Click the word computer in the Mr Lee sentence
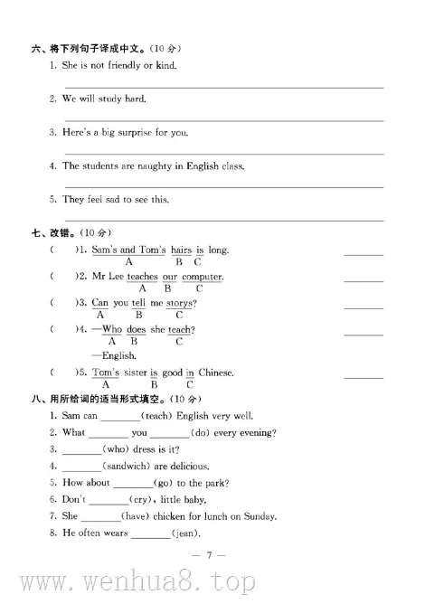point(202,276)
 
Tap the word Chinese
point(215,373)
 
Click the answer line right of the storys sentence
point(364,308)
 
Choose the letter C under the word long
point(197,261)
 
